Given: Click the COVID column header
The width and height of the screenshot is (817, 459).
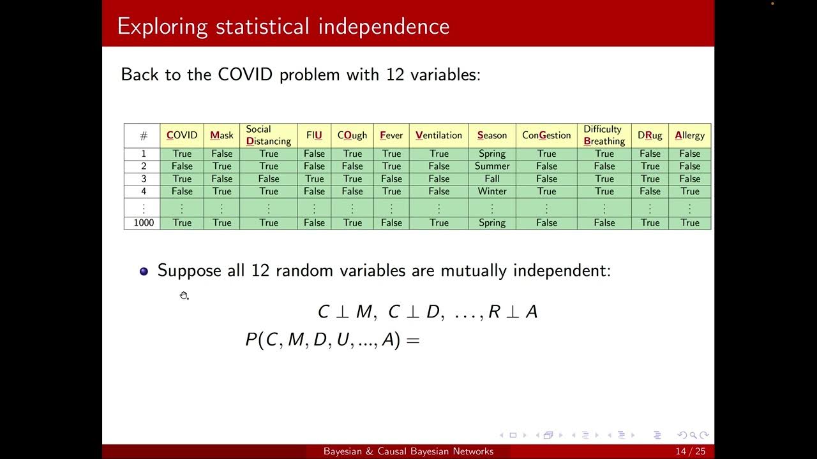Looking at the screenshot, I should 182,135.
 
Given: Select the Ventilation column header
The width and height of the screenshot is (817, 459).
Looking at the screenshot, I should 438,135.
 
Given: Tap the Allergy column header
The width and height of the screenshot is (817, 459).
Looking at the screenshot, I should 689,135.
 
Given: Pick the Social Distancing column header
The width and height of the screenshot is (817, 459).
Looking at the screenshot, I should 268,135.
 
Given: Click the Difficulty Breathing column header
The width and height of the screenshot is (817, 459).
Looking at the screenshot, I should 604,135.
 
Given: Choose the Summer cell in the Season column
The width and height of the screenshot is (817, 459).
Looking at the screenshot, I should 492,166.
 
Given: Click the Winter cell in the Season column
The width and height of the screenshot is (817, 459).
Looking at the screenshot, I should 492,191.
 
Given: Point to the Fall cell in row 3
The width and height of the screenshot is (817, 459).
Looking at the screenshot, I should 492,179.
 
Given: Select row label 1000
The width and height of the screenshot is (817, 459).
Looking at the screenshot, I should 144,223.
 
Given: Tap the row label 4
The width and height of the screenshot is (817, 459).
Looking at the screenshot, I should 144,191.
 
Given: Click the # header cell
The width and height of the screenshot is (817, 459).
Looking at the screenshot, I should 144,136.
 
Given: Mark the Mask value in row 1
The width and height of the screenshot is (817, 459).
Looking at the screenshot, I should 222,154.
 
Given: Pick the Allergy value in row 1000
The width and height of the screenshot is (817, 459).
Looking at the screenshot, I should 689,223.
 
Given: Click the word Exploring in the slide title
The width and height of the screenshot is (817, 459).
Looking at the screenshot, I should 162,26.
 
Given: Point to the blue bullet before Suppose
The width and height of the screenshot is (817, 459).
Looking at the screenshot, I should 144,272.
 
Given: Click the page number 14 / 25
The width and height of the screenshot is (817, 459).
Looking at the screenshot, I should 691,451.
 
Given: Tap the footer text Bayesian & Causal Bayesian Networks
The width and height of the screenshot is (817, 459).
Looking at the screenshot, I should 408,451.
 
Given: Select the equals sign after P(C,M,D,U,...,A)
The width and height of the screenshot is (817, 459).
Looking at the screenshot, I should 413,340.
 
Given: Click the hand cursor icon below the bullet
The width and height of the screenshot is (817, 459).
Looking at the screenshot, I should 184,295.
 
